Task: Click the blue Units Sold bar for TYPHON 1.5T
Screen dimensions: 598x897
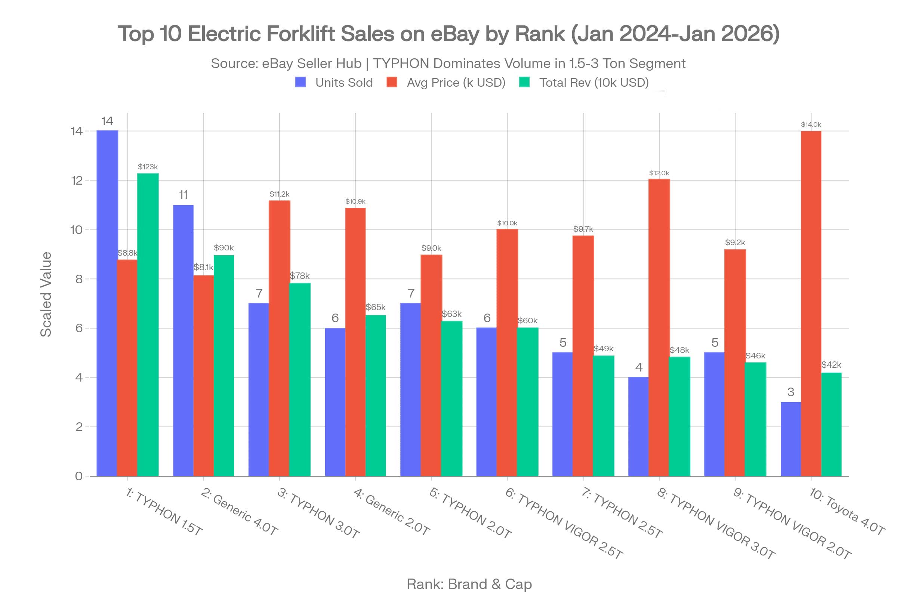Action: click(107, 303)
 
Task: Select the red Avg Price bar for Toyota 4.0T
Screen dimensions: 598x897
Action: click(811, 303)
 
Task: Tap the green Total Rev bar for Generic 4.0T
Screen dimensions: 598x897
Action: click(224, 366)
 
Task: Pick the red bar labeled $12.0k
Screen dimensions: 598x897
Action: click(659, 327)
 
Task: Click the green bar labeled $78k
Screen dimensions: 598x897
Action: click(300, 379)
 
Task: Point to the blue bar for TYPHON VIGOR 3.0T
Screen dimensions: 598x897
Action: click(638, 426)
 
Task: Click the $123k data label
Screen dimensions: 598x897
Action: click(148, 167)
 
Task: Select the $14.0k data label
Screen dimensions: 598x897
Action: click(811, 124)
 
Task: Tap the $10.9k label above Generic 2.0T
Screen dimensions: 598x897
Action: click(355, 201)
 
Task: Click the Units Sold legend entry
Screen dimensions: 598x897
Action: click(334, 82)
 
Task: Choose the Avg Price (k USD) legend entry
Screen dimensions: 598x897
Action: click(446, 82)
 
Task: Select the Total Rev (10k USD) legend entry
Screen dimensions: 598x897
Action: click(584, 82)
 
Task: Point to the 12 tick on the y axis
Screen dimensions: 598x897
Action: click(77, 181)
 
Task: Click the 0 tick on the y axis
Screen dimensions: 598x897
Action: click(78, 476)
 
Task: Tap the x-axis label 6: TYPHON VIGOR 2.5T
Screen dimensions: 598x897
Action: click(564, 523)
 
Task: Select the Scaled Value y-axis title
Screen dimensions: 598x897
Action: click(46, 295)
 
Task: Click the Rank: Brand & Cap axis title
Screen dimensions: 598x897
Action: click(469, 584)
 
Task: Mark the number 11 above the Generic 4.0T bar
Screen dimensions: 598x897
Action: click(183, 195)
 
